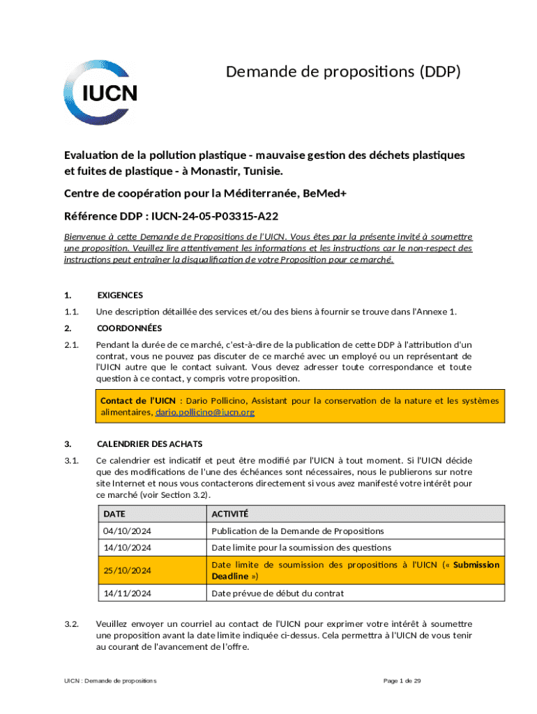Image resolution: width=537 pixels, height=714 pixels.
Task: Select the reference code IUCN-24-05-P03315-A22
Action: (212, 218)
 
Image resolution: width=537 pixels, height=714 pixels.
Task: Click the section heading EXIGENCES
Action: (120, 295)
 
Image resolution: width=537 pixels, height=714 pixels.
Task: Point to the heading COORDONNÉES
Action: (129, 328)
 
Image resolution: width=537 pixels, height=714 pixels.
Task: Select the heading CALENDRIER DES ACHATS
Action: (150, 443)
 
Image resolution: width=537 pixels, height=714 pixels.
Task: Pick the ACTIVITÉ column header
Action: (229, 514)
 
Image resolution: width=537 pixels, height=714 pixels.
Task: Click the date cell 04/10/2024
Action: (127, 531)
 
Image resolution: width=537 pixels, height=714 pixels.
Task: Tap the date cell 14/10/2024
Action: (127, 548)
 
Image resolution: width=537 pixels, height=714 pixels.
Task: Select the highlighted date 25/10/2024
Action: (127, 570)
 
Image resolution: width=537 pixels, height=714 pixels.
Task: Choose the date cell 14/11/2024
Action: (127, 593)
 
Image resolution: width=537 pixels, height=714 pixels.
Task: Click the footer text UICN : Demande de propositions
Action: (107, 681)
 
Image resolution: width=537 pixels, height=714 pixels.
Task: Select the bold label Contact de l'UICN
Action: (137, 401)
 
